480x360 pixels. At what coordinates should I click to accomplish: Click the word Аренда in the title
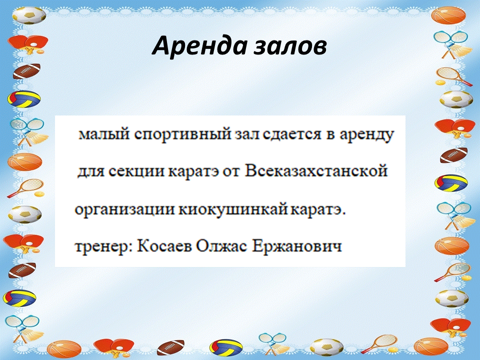pos(199,45)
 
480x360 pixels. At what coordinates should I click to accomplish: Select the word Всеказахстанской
pos(316,171)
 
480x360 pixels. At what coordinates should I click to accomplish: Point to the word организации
pos(124,210)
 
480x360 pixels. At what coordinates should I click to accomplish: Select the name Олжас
pos(221,246)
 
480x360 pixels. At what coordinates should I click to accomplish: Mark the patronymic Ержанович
pos(297,246)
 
